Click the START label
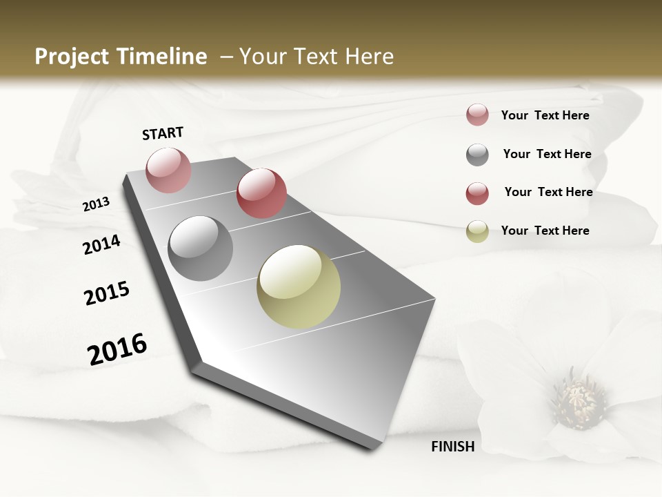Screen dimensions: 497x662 163,133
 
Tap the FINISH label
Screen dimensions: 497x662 452,447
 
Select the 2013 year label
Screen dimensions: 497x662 97,204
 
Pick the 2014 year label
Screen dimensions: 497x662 101,245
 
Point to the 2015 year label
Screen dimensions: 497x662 107,293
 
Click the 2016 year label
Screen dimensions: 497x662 117,349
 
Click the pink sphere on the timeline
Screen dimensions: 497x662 168,170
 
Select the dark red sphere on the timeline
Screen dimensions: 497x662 261,193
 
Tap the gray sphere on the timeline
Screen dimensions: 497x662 200,248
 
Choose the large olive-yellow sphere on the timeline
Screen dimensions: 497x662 299,286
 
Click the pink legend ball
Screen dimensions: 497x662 477,115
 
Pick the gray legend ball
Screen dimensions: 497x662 477,155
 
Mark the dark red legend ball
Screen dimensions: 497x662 477,193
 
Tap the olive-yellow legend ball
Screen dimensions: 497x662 477,231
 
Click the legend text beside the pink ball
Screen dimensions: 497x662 545,115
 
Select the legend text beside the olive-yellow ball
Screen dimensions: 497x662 545,231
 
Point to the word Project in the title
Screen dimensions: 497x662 70,57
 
